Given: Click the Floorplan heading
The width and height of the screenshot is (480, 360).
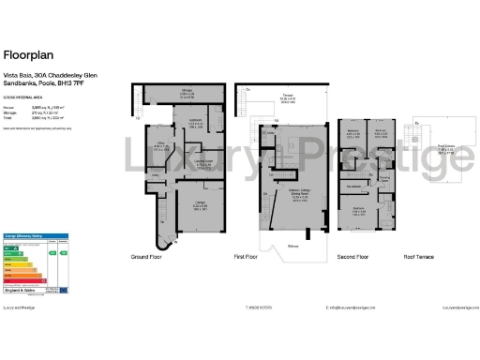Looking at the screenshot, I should pos(25,55).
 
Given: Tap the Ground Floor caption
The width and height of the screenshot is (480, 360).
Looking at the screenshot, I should pos(148,256).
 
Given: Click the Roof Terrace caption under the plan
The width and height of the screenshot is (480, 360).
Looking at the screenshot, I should pos(417,256).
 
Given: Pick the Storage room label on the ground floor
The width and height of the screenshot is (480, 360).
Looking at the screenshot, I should pos(187,92).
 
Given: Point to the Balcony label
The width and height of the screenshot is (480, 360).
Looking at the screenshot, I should pos(293,244).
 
